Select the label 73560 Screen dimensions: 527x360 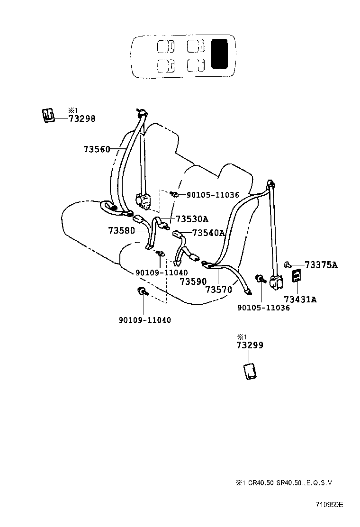coord(97,149)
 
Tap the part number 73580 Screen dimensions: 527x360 coord(121,231)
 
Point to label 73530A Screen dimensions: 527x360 coord(192,219)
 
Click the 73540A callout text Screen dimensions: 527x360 coord(208,233)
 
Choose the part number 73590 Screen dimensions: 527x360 coord(193,282)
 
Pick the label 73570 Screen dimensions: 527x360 coord(218,289)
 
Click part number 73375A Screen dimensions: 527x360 coord(321,265)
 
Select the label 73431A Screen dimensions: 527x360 coord(300,299)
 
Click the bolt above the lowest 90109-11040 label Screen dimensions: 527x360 coord(142,291)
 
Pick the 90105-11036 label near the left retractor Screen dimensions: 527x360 coord(212,195)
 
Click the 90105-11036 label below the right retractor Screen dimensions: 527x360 coord(263,308)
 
